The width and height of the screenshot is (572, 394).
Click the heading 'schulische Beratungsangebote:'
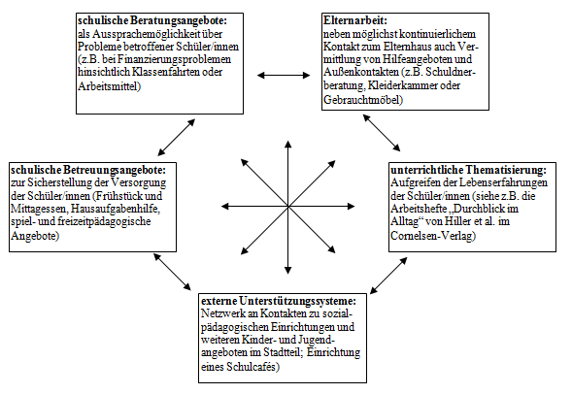pyautogui.click(x=152, y=20)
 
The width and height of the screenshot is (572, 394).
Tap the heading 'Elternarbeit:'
pyautogui.click(x=354, y=20)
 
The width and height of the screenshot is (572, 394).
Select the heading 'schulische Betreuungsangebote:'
pyautogui.click(x=88, y=170)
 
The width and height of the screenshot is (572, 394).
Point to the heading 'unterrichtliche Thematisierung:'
pyautogui.click(x=469, y=170)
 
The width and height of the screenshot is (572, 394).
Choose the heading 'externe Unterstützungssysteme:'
pyautogui.click(x=279, y=301)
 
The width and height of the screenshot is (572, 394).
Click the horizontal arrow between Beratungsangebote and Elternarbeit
pyautogui.click(x=284, y=76)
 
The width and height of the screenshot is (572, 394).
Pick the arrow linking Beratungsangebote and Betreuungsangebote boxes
pyautogui.click(x=176, y=137)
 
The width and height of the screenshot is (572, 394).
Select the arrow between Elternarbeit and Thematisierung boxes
pyautogui.click(x=382, y=133)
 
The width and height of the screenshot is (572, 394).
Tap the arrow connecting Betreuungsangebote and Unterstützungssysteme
pyautogui.click(x=172, y=272)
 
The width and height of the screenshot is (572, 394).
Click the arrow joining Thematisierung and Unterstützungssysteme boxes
pyautogui.click(x=388, y=276)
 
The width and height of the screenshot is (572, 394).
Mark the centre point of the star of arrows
pyautogui.click(x=288, y=207)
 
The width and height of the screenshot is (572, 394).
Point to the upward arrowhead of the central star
pyautogui.click(x=288, y=144)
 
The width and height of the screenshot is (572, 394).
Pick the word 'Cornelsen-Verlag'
pyautogui.click(x=433, y=236)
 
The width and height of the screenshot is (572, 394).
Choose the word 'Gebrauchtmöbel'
pyautogui.click(x=363, y=100)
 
